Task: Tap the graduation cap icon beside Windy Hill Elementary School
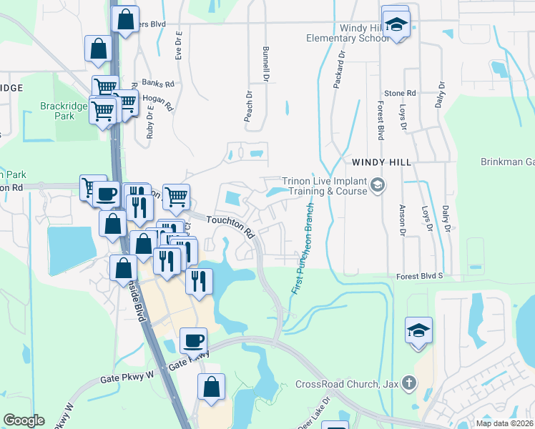[394, 24]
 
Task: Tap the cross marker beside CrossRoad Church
[408, 384]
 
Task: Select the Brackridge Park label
[64, 111]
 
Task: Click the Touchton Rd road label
[231, 227]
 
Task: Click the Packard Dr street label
[339, 69]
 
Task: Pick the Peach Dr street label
[249, 106]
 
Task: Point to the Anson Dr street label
[402, 222]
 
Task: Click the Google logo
[23, 420]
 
